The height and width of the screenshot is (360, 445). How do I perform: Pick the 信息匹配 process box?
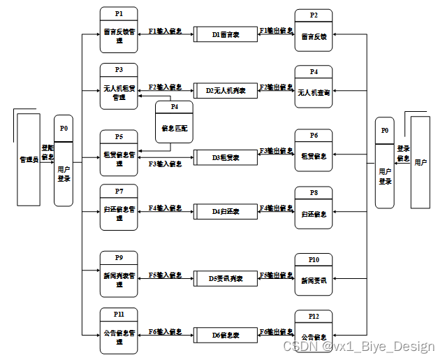(x=174, y=123)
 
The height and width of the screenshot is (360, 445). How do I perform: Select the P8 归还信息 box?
(x=314, y=209)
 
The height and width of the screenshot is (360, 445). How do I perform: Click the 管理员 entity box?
(x=29, y=160)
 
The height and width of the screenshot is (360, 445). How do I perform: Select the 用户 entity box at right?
(x=421, y=162)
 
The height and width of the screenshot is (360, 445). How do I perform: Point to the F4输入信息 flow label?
(x=166, y=208)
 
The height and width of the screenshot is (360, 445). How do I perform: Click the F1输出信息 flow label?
(x=276, y=31)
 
